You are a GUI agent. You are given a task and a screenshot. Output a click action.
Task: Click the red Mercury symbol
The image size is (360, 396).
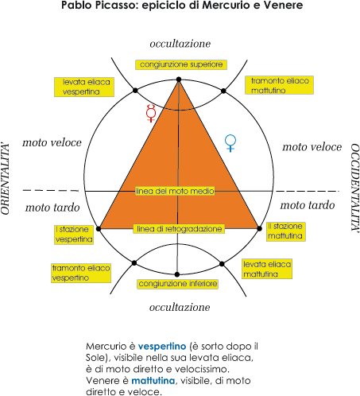(x=151, y=113)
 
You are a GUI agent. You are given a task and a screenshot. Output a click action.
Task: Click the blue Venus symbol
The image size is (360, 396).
(x=230, y=143)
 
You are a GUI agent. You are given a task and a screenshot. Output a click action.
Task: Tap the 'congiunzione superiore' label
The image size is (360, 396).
(x=181, y=64)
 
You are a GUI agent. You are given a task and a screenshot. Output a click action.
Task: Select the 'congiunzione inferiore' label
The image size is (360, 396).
(x=178, y=284)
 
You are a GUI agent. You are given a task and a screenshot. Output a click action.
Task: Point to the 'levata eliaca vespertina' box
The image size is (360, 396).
(x=84, y=87)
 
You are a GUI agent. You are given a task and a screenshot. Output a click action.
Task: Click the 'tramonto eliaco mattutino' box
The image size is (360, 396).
(x=279, y=85)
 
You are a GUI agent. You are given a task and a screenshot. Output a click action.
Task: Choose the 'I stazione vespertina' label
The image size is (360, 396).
(x=74, y=235)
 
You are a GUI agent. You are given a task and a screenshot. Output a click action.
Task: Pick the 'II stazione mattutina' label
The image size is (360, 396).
(x=286, y=231)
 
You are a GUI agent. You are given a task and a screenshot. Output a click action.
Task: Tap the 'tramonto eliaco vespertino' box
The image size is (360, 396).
(x=81, y=273)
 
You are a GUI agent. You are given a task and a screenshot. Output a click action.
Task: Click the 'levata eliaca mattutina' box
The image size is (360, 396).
(x=267, y=269)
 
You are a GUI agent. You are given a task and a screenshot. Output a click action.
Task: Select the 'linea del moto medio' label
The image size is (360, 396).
(x=175, y=191)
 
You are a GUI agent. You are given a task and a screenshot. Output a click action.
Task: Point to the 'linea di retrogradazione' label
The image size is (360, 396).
(x=179, y=229)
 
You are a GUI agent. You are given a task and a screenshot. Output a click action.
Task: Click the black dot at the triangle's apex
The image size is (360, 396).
(x=179, y=80)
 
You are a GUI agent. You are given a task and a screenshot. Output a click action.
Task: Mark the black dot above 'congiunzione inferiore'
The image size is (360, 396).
(x=177, y=274)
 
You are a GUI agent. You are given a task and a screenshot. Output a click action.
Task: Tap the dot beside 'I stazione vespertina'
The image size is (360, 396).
(x=99, y=229)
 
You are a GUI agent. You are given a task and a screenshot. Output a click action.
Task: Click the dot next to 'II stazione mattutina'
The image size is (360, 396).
(x=260, y=228)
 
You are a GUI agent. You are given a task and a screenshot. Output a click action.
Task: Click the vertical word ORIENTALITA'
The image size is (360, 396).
(x=6, y=179)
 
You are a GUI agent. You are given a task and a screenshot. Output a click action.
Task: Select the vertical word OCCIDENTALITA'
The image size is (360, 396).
(x=355, y=188)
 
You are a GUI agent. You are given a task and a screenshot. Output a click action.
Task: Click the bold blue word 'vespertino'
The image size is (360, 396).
(x=162, y=347)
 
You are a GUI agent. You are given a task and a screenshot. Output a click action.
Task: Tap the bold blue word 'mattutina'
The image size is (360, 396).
(x=153, y=381)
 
